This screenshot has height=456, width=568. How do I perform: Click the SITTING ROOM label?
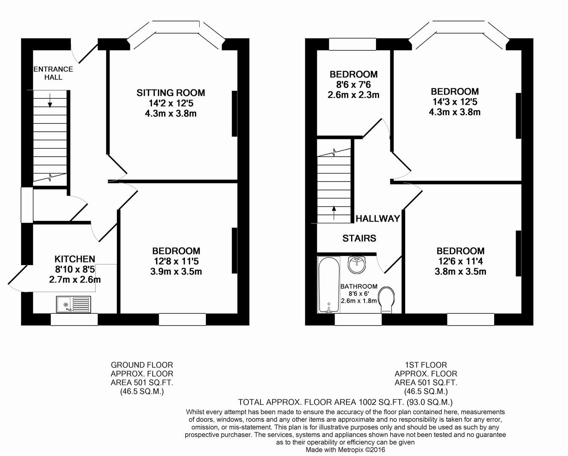pos(170,93)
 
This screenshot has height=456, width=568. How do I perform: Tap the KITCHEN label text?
pos(75,259)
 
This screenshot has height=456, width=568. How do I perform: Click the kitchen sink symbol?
pos(73,304)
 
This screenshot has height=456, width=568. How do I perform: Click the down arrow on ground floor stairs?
pos(50,100)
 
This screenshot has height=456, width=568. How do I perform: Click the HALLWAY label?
pos(378,219)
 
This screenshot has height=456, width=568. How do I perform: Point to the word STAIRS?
pos(359,239)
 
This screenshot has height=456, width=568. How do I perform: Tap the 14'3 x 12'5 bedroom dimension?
pos(454,102)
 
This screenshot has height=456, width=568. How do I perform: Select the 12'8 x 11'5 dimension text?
pos(176,261)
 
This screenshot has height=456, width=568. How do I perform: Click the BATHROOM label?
pos(359,286)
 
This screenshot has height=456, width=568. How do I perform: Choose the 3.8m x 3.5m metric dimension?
pos(460,271)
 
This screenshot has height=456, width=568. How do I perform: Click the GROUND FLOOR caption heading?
pos(142,365)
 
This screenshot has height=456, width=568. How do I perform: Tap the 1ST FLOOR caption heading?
pos(426,365)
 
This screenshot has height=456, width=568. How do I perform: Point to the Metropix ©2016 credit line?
pos(345,450)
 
